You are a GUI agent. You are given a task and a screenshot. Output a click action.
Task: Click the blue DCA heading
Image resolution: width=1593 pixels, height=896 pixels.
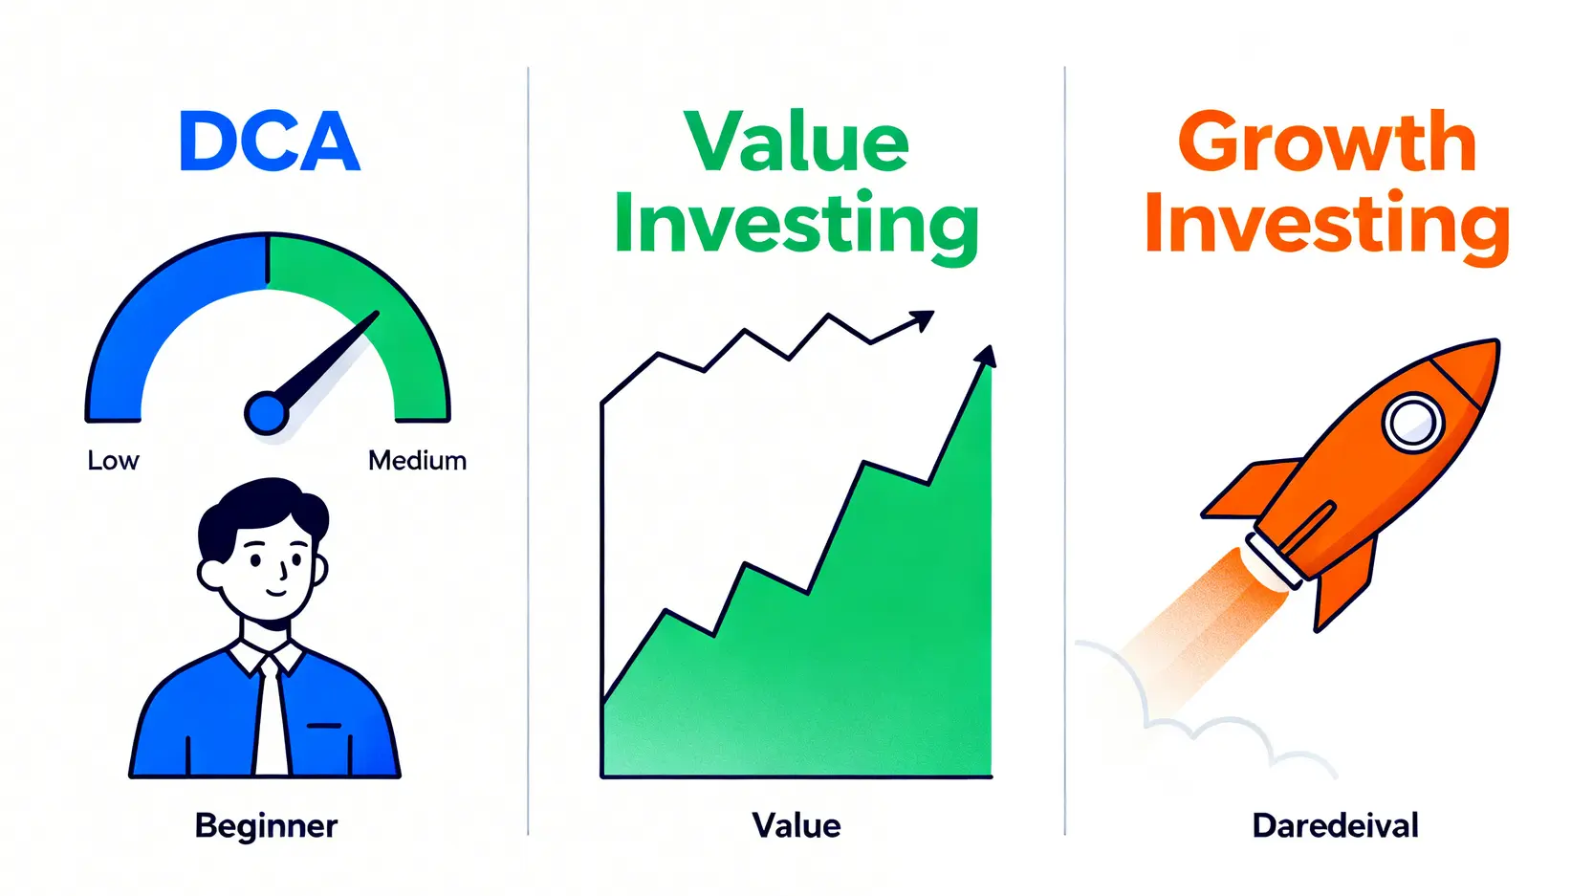click(x=270, y=142)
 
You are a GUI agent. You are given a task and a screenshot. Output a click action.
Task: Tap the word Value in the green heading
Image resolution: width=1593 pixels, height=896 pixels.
click(x=796, y=142)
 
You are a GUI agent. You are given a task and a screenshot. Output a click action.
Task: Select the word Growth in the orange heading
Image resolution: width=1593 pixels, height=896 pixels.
click(x=1327, y=142)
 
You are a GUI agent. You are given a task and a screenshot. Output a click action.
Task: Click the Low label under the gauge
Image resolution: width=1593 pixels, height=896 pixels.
click(x=113, y=461)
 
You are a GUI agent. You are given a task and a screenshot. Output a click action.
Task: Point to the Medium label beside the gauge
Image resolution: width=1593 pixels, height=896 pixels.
click(x=418, y=461)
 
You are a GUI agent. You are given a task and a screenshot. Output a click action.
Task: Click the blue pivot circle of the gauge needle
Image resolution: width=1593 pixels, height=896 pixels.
click(x=266, y=412)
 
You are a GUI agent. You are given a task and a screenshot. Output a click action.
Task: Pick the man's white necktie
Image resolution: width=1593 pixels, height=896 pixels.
click(x=272, y=718)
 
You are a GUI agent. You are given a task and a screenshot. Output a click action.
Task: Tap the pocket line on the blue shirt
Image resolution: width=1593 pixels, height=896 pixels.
click(x=323, y=726)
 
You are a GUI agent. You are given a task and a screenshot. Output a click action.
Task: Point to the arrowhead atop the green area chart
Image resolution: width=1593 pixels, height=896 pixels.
click(x=987, y=356)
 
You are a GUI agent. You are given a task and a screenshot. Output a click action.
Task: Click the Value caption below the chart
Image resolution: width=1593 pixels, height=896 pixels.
click(x=796, y=826)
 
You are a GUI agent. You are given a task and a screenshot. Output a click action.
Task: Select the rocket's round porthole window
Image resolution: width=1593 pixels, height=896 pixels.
click(x=1412, y=422)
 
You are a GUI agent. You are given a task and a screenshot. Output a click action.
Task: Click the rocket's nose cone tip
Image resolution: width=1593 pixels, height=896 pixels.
click(x=1497, y=341)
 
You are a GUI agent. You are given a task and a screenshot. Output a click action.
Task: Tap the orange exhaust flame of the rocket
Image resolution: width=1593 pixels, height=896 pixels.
click(x=1202, y=625)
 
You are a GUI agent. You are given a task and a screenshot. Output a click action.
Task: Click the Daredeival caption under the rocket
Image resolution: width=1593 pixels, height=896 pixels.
click(x=1336, y=826)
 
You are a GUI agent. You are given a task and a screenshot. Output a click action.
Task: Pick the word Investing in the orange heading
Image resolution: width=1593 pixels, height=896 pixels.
click(x=1327, y=224)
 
